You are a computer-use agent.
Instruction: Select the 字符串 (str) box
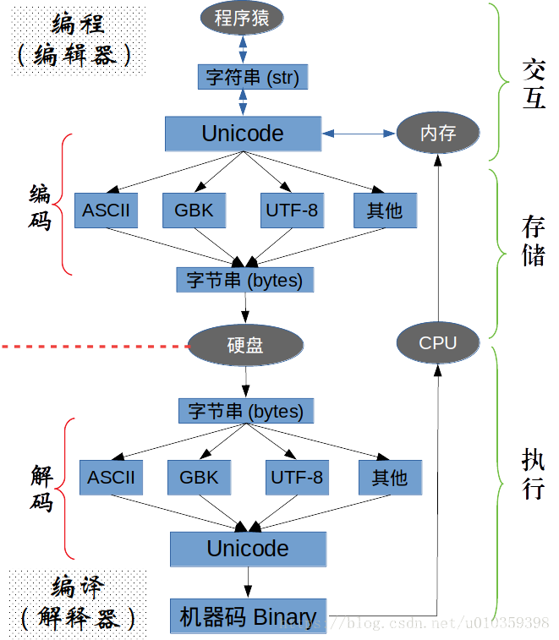coord(252,78)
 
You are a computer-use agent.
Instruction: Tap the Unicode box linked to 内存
coord(243,134)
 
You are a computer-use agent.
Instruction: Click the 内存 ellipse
coord(438,133)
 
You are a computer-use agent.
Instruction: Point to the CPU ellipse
coord(437,342)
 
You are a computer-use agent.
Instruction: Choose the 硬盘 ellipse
coord(245,345)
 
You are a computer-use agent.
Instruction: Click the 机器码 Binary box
coord(249,617)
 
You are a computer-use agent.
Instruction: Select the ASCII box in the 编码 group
coord(107,210)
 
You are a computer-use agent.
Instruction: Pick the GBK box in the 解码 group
coord(199,477)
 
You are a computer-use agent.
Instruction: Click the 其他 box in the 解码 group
coord(389,477)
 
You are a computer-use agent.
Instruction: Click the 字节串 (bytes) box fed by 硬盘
coord(246,411)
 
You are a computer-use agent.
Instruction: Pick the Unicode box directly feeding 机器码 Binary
coord(248,548)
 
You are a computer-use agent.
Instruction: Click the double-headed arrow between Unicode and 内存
coord(359,134)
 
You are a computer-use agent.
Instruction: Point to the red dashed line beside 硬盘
coord(93,347)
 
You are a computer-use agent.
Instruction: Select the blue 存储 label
coord(533,241)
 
